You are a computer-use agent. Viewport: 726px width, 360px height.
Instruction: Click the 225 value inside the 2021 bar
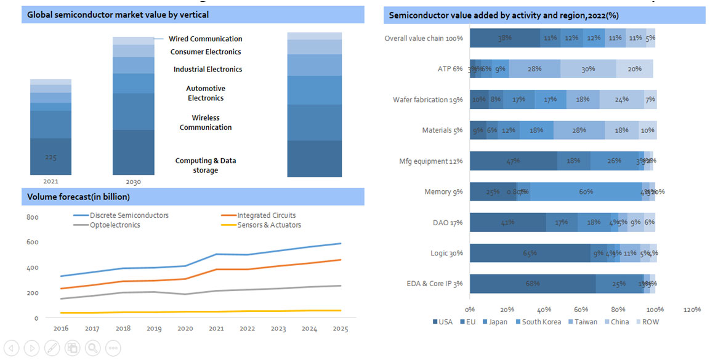pos(50,158)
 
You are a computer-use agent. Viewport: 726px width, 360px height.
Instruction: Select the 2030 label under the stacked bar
pos(133,182)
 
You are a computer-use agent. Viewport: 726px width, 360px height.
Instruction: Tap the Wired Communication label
pos(205,39)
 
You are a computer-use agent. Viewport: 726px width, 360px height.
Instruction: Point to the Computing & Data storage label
pos(205,166)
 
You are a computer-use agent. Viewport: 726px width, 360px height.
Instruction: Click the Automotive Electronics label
pos(206,94)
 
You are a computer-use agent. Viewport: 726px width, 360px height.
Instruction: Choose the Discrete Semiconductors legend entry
pos(129,215)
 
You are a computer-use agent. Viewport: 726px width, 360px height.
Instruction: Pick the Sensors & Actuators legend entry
pos(269,225)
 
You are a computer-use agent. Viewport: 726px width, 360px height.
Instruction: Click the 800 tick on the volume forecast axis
pos(32,217)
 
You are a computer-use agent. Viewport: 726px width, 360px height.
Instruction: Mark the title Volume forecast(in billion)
pos(78,197)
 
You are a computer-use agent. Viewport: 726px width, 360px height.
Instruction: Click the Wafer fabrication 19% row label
pos(428,100)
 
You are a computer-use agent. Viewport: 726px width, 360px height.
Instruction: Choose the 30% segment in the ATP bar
pos(588,69)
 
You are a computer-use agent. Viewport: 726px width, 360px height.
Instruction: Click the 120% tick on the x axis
pos(692,310)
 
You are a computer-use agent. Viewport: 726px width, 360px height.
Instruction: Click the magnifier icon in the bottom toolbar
pos(93,348)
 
